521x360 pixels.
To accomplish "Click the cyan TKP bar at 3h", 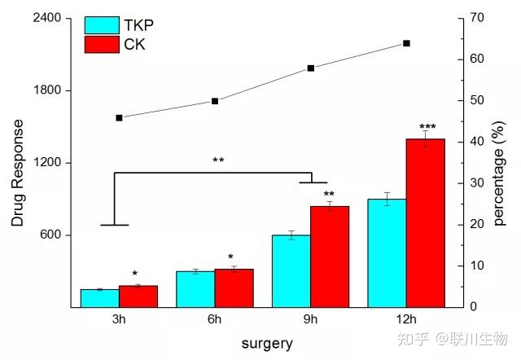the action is [x=100, y=298].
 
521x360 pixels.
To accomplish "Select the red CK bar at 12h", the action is [x=426, y=223].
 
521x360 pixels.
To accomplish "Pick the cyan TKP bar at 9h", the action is [x=291, y=271].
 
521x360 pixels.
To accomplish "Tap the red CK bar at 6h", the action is [x=234, y=288].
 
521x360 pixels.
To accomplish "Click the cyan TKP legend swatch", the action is [x=102, y=25].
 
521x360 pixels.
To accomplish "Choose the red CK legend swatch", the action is [x=102, y=45].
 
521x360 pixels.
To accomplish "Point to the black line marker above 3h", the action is [x=120, y=118].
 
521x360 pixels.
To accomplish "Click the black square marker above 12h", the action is [x=406, y=43].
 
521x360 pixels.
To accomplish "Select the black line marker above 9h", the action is [x=311, y=68].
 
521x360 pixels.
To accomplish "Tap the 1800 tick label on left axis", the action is [x=47, y=90].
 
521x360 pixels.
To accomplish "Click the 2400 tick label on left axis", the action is [x=47, y=18].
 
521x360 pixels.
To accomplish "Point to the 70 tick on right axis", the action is [x=477, y=17].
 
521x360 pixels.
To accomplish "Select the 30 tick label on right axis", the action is [x=477, y=182].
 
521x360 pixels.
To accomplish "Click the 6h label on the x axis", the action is [x=215, y=319].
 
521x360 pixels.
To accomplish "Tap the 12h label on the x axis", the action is [x=406, y=319].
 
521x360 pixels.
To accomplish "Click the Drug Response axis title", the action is [x=17, y=173].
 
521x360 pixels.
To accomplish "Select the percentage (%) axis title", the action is [x=499, y=173].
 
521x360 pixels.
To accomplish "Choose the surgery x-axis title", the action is [x=267, y=344].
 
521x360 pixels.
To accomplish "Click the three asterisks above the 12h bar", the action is [x=427, y=127].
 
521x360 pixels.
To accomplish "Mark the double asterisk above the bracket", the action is [x=218, y=160].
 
